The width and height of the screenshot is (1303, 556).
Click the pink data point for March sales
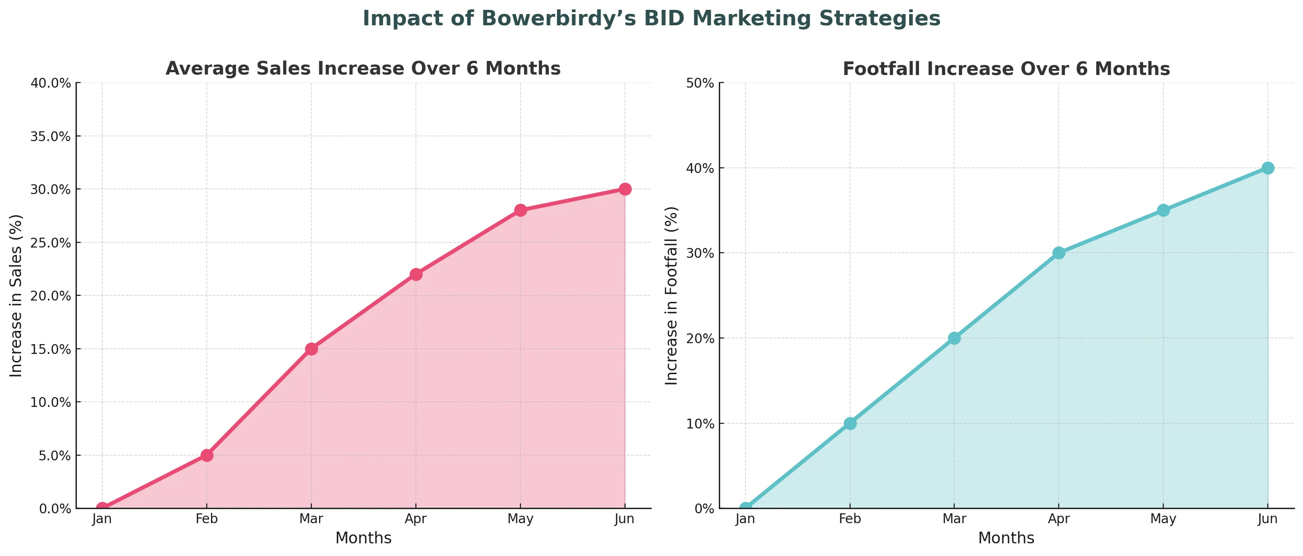(x=311, y=349)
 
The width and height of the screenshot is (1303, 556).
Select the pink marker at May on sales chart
(x=520, y=210)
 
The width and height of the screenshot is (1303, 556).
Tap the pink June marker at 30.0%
(x=625, y=189)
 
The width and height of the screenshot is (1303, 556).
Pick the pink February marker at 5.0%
(x=206, y=455)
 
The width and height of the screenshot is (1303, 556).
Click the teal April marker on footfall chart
(x=1059, y=253)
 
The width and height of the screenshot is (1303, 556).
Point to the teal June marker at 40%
(x=1267, y=168)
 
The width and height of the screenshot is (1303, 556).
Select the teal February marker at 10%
(x=850, y=423)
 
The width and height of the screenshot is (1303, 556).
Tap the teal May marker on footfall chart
(x=1163, y=210)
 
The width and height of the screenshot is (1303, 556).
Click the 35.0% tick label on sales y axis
(x=51, y=136)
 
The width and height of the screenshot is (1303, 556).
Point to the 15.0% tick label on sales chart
(x=51, y=349)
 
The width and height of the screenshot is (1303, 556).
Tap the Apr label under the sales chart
(x=416, y=518)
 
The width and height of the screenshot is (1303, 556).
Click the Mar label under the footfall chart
(x=955, y=518)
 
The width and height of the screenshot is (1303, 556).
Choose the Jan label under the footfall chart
(x=745, y=518)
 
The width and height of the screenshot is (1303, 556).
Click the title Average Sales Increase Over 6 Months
(x=363, y=68)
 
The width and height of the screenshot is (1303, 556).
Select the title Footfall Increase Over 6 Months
(x=1006, y=69)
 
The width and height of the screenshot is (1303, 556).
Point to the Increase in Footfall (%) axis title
(x=671, y=295)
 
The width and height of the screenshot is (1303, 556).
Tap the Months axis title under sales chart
(x=363, y=538)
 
